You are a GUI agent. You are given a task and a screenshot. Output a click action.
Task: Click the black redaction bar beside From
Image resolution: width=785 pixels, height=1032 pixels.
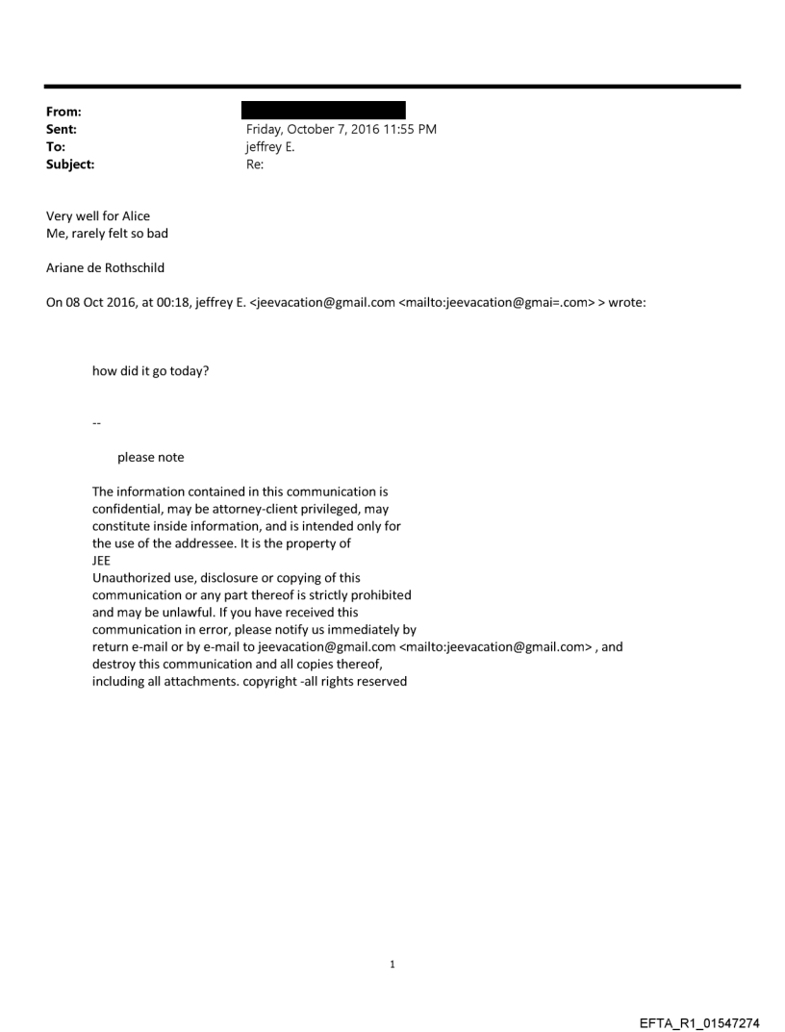323,111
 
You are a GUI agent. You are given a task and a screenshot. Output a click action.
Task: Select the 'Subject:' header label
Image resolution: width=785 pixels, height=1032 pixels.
68,164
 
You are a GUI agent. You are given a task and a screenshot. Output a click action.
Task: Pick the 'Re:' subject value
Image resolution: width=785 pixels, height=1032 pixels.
255,164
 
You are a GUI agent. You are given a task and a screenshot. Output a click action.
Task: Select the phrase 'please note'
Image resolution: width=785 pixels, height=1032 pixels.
151,457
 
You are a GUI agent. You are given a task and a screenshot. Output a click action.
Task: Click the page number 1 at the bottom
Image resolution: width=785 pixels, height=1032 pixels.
392,964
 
